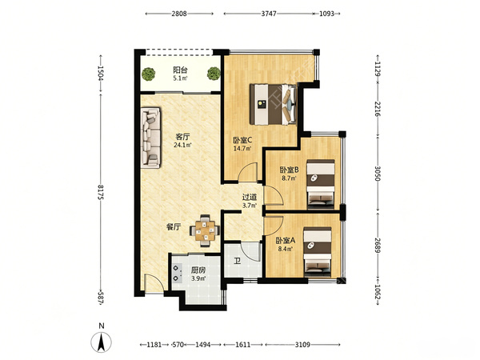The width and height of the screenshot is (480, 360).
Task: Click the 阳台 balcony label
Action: [180, 70]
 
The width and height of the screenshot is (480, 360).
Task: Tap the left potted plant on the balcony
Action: [149, 74]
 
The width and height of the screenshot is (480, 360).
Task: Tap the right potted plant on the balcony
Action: [214, 74]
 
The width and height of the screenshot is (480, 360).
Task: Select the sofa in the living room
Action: [150, 138]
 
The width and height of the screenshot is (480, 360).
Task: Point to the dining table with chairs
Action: [205, 230]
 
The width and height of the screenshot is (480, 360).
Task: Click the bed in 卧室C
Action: [274, 104]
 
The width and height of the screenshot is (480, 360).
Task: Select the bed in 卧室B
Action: [321, 184]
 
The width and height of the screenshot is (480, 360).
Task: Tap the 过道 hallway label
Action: [250, 198]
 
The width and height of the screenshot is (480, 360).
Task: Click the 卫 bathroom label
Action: [237, 261]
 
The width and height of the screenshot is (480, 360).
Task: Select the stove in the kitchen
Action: [178, 273]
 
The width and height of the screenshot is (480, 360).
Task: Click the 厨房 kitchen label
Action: [198, 270]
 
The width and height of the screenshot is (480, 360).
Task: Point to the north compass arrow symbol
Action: [102, 342]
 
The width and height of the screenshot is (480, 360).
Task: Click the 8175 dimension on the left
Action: [101, 192]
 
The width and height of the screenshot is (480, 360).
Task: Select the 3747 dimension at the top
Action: [269, 14]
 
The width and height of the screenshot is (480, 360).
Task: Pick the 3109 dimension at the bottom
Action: [302, 345]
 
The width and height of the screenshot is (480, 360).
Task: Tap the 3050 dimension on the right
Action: [378, 174]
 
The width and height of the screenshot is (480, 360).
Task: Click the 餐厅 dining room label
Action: [174, 227]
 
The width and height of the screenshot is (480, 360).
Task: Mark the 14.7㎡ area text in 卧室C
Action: [242, 149]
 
